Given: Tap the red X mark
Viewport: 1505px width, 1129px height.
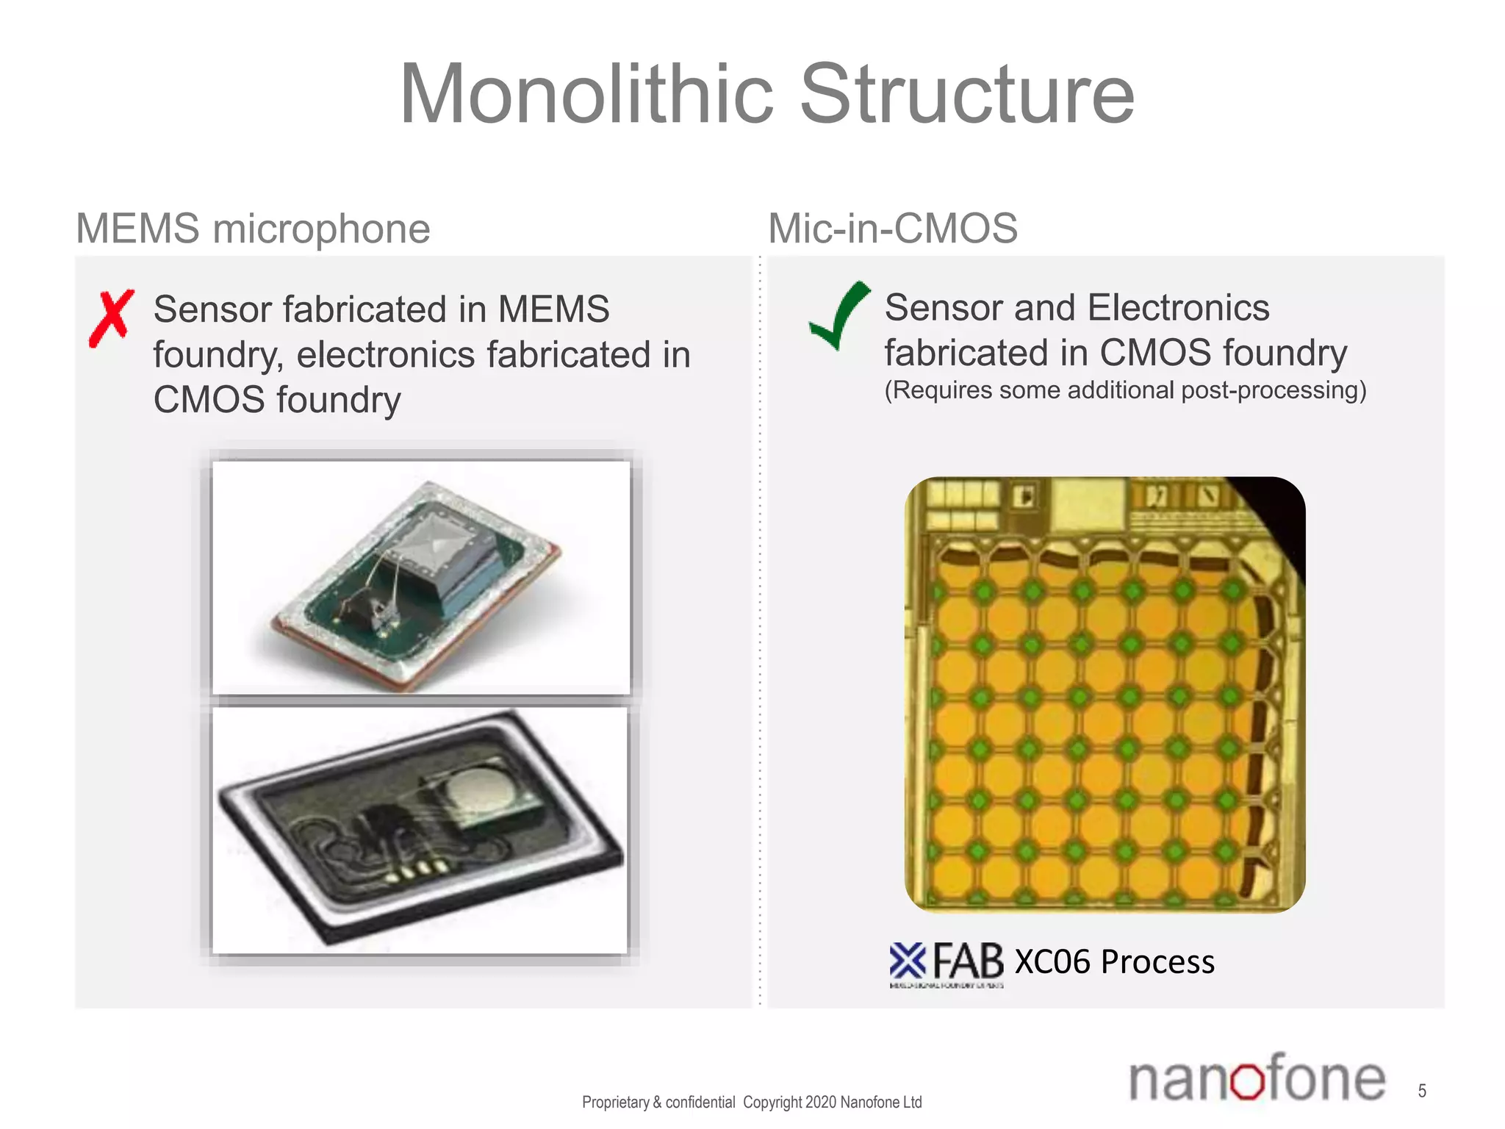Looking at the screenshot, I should click(111, 318).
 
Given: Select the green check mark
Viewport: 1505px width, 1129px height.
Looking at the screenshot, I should click(840, 315).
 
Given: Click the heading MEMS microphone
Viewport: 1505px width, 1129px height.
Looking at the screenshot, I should click(253, 228).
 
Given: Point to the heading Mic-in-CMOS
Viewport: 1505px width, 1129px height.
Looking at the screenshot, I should click(892, 228).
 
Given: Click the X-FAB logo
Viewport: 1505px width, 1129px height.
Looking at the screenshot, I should click(946, 963).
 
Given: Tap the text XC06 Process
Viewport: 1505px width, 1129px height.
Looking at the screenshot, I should click(1114, 961).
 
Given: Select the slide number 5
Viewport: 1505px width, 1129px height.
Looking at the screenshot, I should click(1422, 1091).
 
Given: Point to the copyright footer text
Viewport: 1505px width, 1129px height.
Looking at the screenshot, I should click(751, 1102).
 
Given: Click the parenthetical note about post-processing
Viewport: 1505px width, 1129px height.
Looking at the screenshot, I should click(1124, 390).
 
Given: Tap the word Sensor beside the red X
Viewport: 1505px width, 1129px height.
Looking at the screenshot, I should click(212, 309).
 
